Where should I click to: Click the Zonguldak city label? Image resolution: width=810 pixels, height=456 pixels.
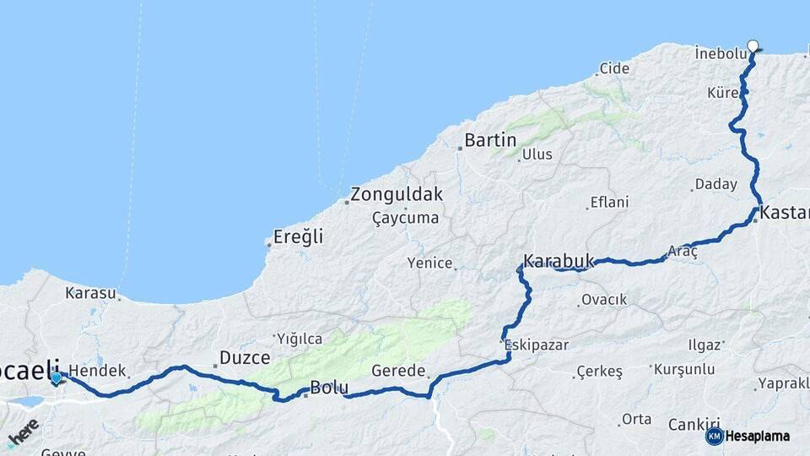click(x=397, y=194)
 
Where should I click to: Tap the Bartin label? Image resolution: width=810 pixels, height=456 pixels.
click(x=490, y=140)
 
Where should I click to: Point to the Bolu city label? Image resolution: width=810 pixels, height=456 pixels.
click(x=329, y=388)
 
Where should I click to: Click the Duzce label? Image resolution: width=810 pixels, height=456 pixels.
click(x=245, y=358)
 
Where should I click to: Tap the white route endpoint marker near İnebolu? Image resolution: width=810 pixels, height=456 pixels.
click(x=753, y=46)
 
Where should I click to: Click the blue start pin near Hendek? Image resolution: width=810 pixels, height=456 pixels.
click(x=57, y=378)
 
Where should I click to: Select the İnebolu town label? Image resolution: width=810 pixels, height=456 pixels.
click(x=721, y=53)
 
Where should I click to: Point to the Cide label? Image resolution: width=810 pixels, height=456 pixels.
click(x=614, y=69)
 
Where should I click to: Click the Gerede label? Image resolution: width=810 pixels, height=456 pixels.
click(x=398, y=371)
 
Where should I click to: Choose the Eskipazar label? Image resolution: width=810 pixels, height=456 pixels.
click(x=537, y=345)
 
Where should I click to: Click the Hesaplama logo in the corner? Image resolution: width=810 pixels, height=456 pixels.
click(x=748, y=436)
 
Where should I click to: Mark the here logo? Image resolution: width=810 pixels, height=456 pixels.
click(x=23, y=432)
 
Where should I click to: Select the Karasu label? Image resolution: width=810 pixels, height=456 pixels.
click(x=90, y=293)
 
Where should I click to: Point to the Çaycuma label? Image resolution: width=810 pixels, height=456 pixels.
click(x=406, y=218)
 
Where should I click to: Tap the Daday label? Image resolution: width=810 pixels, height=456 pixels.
click(x=715, y=184)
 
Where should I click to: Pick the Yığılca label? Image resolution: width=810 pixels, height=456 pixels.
click(x=300, y=339)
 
